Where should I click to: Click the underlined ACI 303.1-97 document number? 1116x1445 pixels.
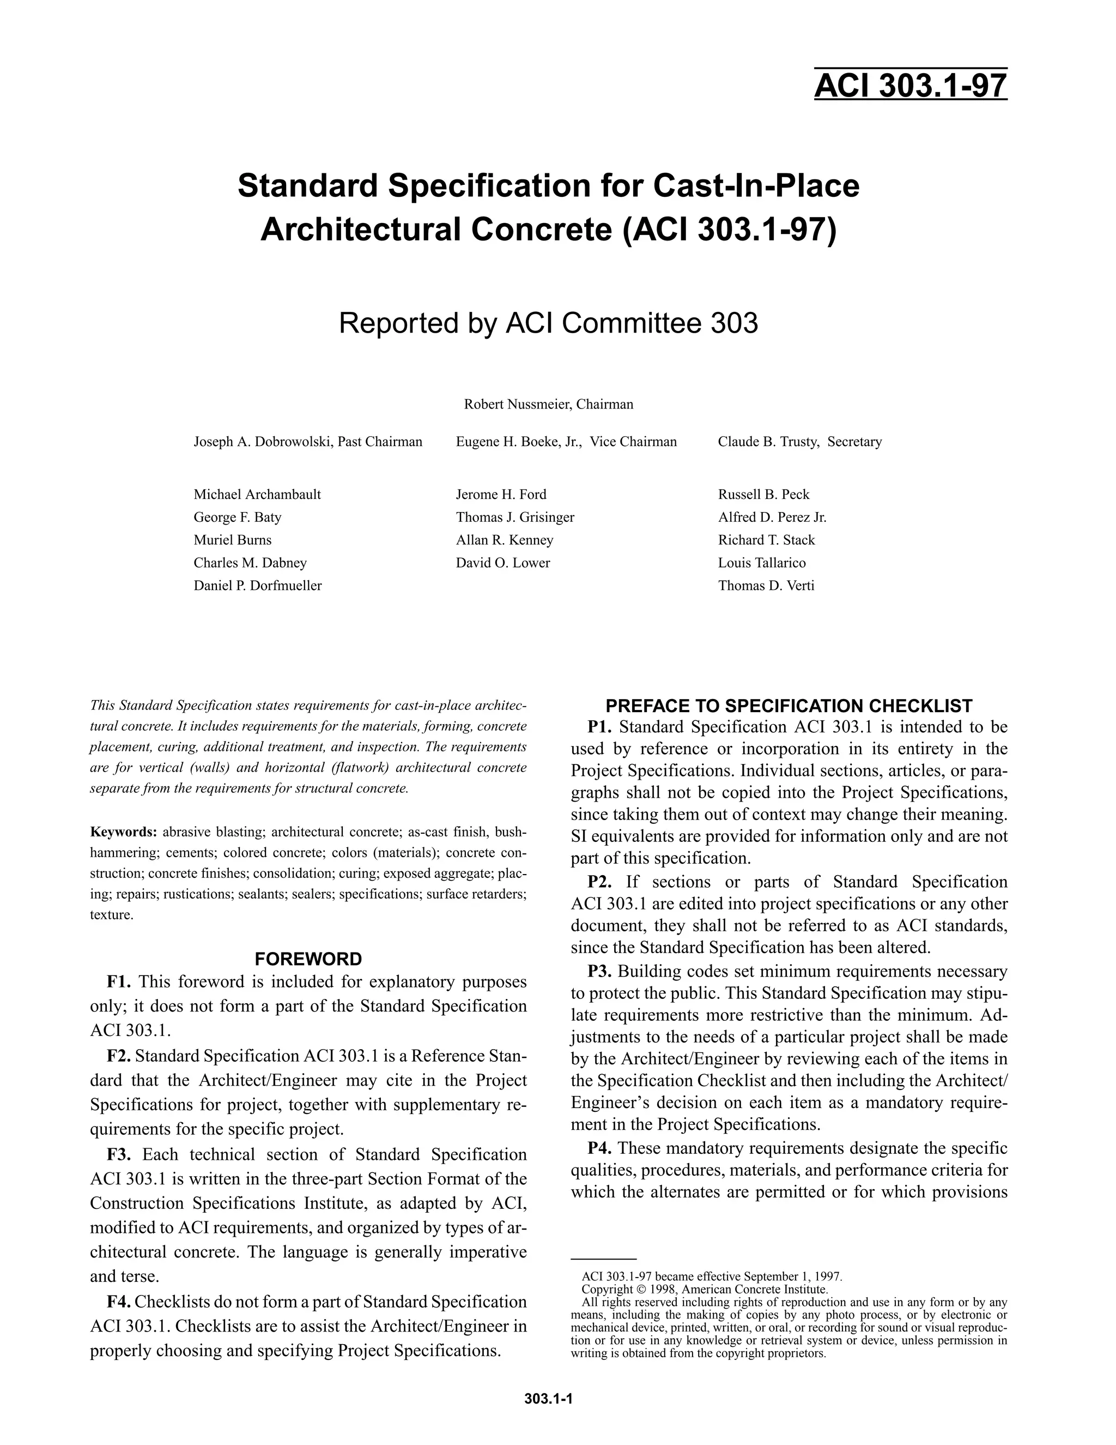click(x=911, y=86)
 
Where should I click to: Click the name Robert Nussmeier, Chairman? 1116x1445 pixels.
click(x=548, y=404)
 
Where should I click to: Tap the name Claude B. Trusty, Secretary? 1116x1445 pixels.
click(x=799, y=442)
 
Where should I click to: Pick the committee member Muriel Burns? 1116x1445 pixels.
click(x=232, y=540)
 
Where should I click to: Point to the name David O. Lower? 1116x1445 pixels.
click(x=502, y=563)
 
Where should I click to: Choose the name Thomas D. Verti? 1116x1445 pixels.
click(x=766, y=586)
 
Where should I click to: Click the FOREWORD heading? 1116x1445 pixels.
click(x=308, y=959)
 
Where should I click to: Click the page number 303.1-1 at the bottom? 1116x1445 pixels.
click(x=548, y=1399)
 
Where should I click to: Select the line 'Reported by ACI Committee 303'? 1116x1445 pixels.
click(x=548, y=323)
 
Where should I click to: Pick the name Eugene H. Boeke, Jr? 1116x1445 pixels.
click(x=518, y=442)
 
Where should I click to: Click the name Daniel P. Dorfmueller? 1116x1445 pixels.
click(x=257, y=586)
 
